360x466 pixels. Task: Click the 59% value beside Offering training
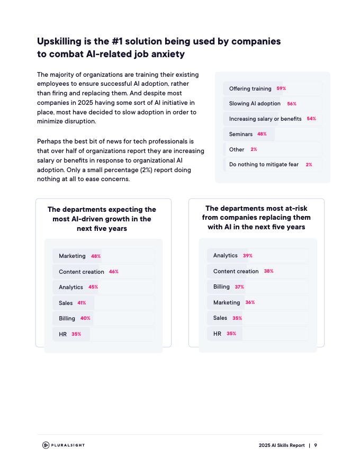281,88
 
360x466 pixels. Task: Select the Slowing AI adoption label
255,104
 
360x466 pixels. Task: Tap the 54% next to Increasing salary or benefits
311,119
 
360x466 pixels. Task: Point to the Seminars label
241,134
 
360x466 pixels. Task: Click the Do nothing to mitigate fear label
264,165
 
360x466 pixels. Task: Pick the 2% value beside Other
254,149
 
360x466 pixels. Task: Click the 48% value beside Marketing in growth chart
96,256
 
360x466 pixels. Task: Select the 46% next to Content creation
114,272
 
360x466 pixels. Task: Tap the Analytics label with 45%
71,287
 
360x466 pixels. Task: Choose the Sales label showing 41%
66,303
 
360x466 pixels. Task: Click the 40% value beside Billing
85,318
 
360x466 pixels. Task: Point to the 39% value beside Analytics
248,256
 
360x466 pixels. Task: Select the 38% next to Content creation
269,271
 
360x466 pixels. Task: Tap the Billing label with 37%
221,286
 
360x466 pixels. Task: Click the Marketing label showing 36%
227,302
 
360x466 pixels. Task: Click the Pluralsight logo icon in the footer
46,445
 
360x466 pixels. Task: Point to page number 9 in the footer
316,445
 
